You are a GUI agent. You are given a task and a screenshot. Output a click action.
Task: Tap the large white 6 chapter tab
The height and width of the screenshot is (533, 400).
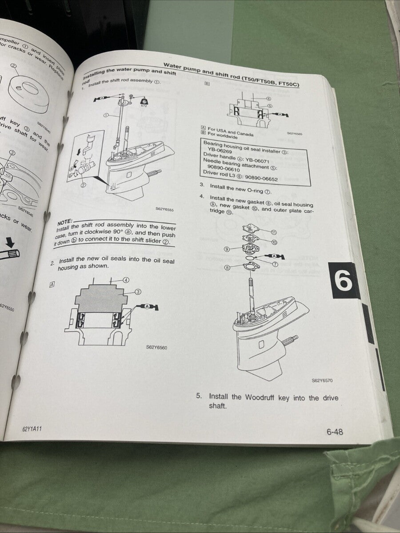(344, 281)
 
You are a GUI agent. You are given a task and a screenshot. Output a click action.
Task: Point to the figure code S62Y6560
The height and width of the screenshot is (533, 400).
(156, 347)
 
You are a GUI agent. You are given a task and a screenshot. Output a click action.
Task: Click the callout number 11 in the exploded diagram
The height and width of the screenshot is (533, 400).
(274, 232)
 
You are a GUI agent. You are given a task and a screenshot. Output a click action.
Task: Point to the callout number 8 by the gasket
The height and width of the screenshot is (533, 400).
(228, 268)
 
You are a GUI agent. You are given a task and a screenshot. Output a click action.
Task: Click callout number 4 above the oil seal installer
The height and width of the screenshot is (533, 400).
(126, 280)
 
